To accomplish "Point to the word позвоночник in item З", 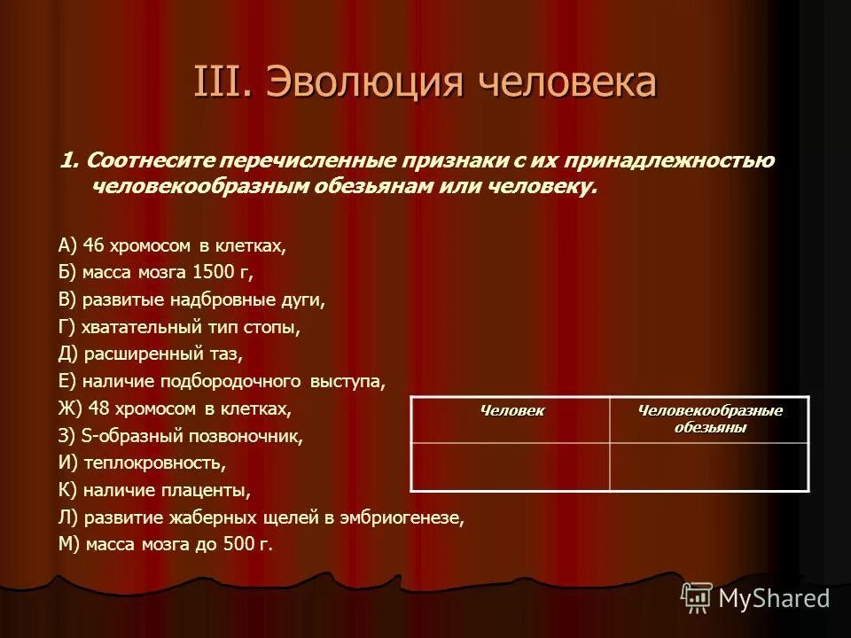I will pyautogui.click(x=245, y=436).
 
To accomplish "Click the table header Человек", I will pyautogui.click(x=511, y=411).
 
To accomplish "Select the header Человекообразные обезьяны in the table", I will pyautogui.click(x=710, y=419).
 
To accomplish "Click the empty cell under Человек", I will pyautogui.click(x=511, y=465).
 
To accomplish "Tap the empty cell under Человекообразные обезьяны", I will pyautogui.click(x=709, y=465).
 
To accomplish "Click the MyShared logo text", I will pyautogui.click(x=774, y=598).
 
